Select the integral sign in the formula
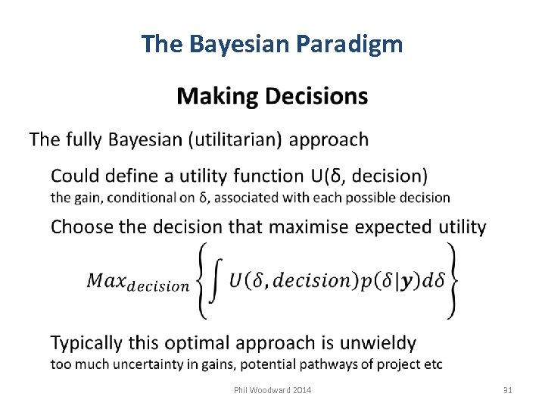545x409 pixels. click(215, 279)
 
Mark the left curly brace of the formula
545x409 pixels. click(202, 279)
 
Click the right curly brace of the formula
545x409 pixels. click(451, 279)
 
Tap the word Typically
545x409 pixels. click(86, 343)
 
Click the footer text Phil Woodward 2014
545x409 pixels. click(272, 390)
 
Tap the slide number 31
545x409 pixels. click(507, 390)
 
